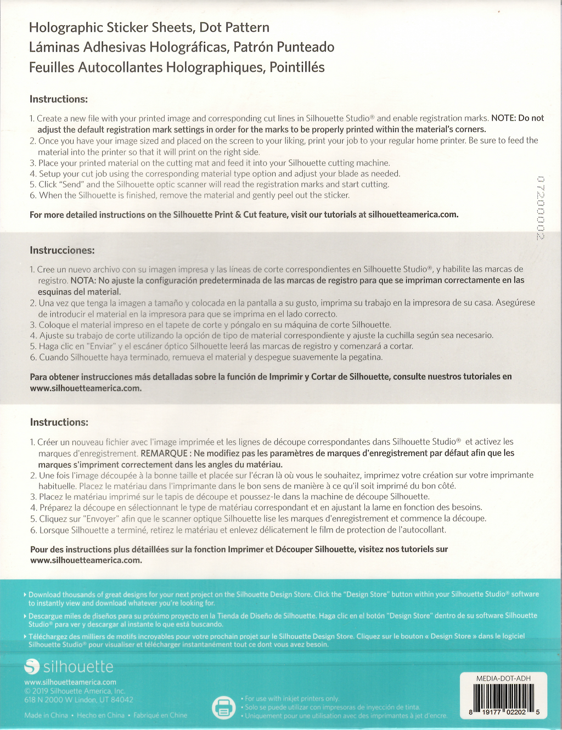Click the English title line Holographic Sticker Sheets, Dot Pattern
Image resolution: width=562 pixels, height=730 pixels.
pos(149,27)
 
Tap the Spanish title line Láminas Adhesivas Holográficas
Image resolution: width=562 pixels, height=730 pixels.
pos(181,47)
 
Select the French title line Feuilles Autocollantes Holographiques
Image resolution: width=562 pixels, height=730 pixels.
pos(176,67)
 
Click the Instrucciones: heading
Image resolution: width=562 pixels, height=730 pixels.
pos(62,251)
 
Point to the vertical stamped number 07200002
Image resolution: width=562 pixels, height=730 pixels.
pos(540,208)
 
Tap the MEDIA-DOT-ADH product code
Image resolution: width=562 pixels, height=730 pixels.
pos(503,678)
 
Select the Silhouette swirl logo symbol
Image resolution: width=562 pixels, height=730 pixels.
pos(32,667)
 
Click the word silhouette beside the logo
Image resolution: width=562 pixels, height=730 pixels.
pos(78,667)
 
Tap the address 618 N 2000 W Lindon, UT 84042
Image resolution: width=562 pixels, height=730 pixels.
pos(78,700)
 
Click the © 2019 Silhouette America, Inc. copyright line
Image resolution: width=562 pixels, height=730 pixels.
pos(75,691)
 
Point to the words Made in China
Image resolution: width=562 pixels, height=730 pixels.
pos(46,715)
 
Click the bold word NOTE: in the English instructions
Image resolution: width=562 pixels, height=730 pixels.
pos(504,118)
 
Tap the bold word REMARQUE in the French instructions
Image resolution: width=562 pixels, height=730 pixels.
pos(164,453)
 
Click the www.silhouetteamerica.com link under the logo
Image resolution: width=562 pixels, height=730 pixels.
pos(70,682)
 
